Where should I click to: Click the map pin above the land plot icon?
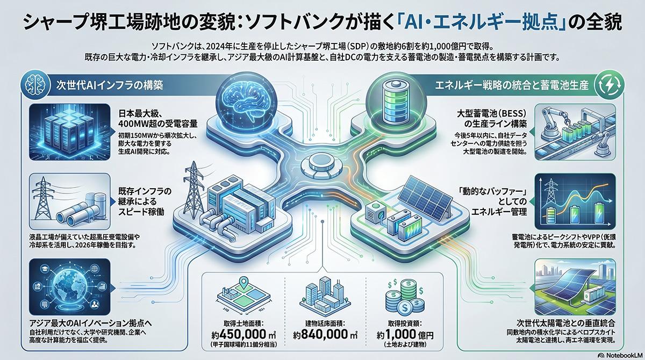pos(241,282)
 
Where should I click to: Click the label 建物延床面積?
pos(321,324)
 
